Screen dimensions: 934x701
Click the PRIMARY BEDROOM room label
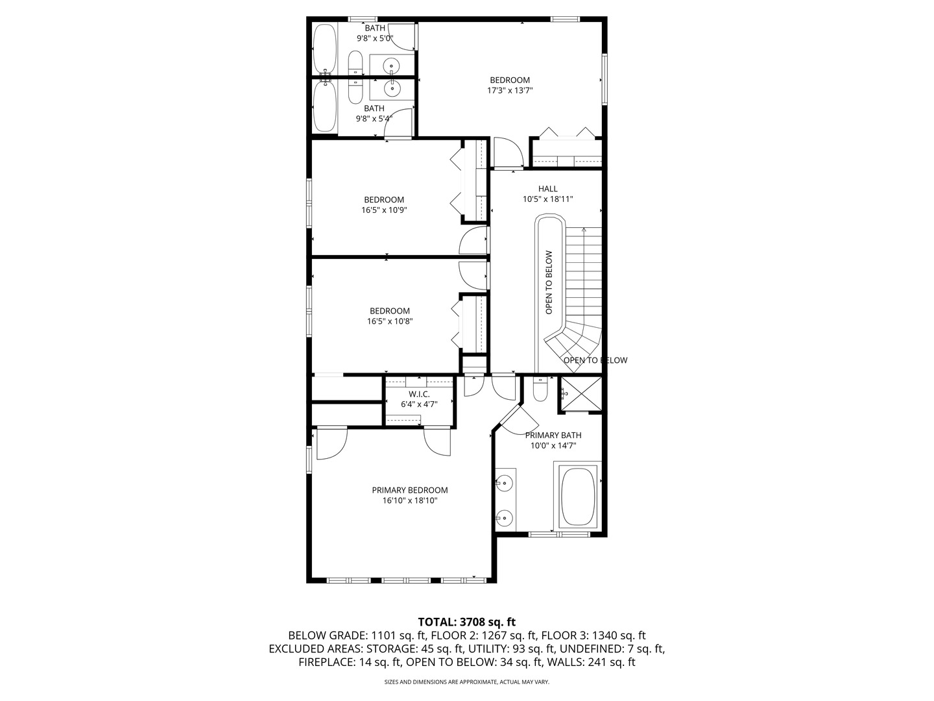point(409,490)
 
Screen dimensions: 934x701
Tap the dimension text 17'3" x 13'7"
point(510,91)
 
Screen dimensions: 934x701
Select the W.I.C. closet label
point(419,394)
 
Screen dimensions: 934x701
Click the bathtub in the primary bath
point(577,497)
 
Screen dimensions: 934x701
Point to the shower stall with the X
point(581,394)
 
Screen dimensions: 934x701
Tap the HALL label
point(547,189)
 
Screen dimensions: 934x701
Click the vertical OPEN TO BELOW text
point(549,282)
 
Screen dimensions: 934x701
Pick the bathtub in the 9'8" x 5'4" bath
point(323,106)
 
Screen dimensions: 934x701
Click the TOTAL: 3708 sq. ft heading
point(466,622)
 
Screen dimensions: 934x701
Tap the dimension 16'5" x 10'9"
point(384,210)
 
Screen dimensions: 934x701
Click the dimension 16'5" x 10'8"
point(390,321)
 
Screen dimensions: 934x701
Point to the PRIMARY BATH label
point(553,435)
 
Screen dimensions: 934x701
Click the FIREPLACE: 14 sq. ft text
point(349,662)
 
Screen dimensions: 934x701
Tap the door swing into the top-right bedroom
point(507,153)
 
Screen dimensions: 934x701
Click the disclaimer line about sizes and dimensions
point(466,682)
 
